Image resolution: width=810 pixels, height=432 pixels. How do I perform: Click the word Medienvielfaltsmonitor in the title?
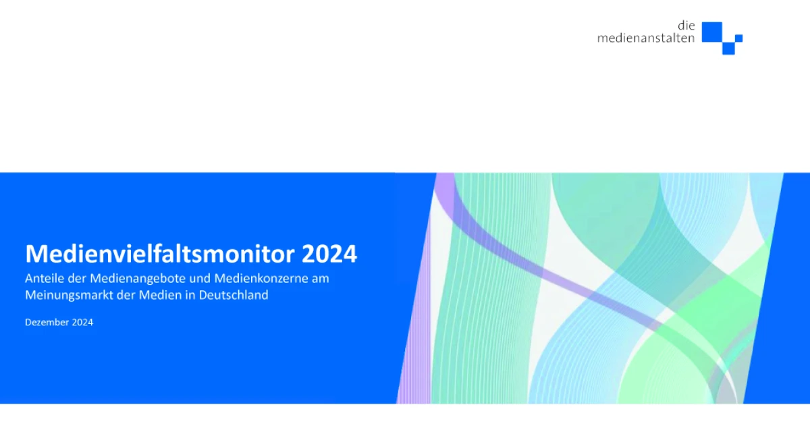(x=160, y=253)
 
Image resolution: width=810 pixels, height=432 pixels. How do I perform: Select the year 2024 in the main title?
(x=329, y=254)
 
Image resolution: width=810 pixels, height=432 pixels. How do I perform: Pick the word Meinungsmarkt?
(x=69, y=296)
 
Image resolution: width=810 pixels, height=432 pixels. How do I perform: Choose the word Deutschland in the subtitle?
(x=234, y=295)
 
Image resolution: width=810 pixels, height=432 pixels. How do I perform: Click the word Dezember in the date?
(x=47, y=322)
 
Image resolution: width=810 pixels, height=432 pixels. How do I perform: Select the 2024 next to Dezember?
(x=82, y=322)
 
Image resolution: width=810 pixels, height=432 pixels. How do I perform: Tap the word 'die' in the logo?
(x=686, y=26)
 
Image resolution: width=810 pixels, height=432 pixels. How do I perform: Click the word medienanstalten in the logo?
(x=646, y=38)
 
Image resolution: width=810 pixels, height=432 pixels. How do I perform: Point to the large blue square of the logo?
(x=712, y=32)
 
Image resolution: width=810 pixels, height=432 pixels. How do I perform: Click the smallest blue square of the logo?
(x=738, y=38)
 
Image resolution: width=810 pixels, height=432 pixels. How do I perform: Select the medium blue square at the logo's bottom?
(x=728, y=49)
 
